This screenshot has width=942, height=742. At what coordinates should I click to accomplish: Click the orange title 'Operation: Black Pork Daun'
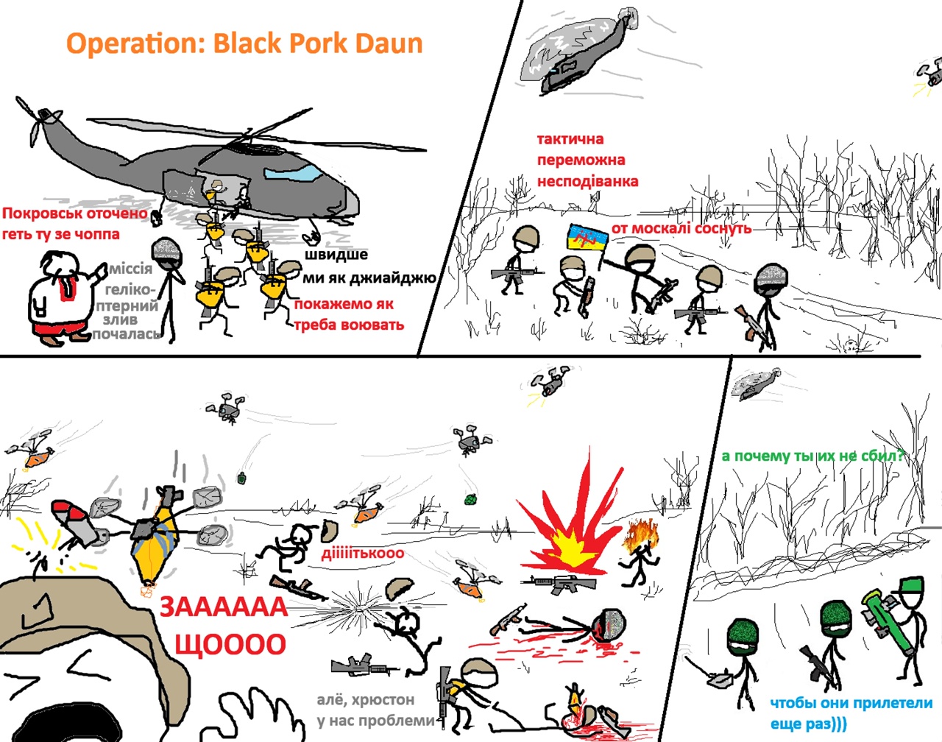244,43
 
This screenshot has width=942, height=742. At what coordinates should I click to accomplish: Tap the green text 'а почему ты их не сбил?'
812,456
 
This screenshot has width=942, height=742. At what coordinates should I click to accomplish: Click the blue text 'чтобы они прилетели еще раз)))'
851,713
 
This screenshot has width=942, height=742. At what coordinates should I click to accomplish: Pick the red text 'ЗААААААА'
224,607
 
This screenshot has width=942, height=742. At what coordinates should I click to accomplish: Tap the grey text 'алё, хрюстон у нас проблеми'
376,710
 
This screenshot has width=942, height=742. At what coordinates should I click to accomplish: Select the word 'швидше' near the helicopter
336,254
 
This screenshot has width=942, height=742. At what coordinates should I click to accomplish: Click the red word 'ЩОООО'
230,644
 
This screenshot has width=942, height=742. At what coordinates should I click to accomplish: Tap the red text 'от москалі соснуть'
681,228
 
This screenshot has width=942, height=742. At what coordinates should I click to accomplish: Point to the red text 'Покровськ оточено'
74,213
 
